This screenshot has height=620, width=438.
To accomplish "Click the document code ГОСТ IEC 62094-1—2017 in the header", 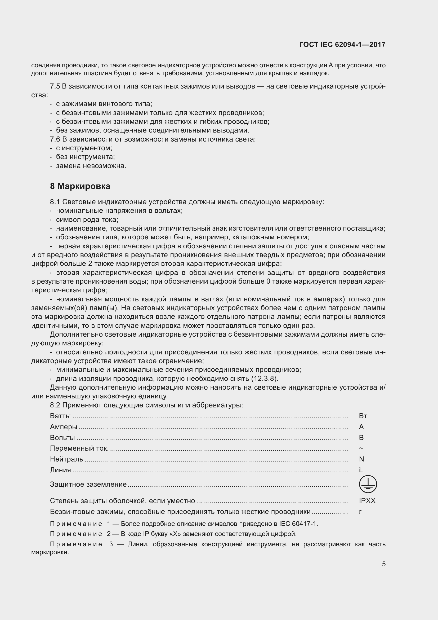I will tap(342, 45).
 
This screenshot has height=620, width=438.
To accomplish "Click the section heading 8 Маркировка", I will tap(80, 186).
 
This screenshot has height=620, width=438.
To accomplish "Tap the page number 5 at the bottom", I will tap(383, 564).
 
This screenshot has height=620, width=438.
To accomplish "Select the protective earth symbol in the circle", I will tap(368, 484).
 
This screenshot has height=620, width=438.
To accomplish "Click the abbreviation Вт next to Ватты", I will tap(363, 416).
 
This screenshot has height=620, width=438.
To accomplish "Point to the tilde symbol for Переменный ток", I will tap(361, 448).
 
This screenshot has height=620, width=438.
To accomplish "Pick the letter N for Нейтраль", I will tap(361, 459).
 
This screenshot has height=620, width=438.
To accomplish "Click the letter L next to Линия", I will tap(361, 470).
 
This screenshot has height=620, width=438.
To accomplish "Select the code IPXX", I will tap(367, 501).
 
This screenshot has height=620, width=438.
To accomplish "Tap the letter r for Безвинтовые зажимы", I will tap(360, 512).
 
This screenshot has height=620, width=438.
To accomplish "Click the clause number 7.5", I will tap(55, 86).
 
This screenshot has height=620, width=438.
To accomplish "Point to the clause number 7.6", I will tap(55, 139).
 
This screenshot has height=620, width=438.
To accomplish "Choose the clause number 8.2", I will tap(55, 405).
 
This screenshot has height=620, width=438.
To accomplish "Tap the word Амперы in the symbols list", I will tap(64, 427).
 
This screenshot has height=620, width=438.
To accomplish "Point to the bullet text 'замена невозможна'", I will tap(91, 166).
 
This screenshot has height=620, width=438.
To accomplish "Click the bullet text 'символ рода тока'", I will tap(87, 219).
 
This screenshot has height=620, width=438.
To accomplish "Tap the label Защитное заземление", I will tap(88, 485).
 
